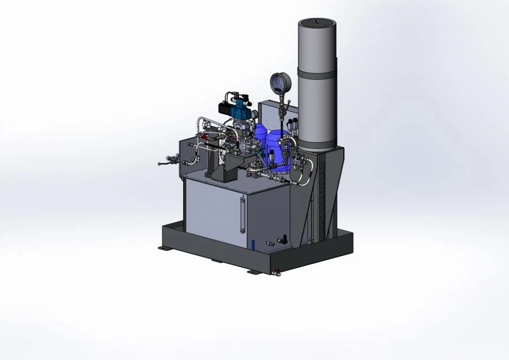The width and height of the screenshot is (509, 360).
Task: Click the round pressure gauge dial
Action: (x=280, y=84)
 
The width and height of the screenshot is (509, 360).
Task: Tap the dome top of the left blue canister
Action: (x=260, y=129)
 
